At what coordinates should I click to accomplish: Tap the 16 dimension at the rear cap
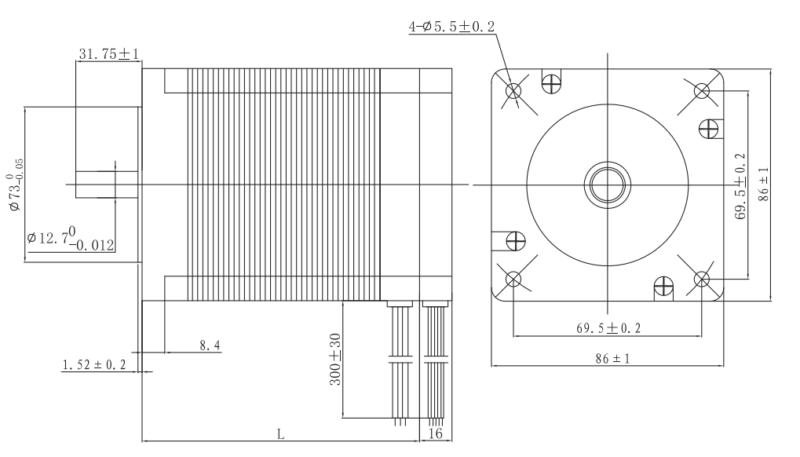point(436,433)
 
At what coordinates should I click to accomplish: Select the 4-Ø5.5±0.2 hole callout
point(452,27)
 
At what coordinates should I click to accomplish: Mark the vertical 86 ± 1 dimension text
point(764,185)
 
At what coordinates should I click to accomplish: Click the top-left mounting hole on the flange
point(513,91)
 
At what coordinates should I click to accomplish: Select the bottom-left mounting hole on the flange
point(513,279)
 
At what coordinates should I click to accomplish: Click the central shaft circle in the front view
point(607,185)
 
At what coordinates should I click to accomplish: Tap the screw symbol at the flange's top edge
point(553,81)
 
